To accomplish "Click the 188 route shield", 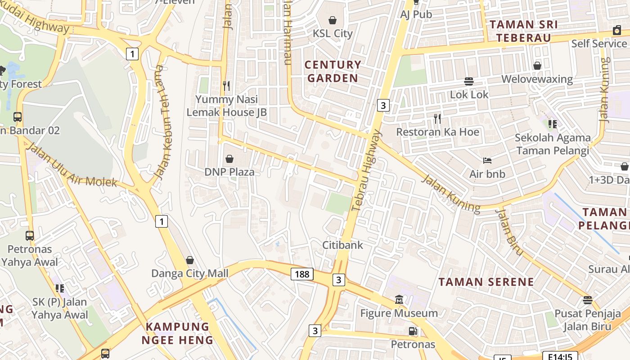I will pos(301,274).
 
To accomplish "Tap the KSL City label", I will pos(333,33).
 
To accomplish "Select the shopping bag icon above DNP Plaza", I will pos(229,159).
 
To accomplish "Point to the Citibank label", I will pos(342,245).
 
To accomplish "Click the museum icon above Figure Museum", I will pos(399,299).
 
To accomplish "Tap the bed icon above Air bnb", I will pos(487,161).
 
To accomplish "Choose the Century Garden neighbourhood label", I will pos(333,71).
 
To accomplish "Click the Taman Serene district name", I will pos(486,282).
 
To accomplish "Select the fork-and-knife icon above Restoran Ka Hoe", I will pos(437,119).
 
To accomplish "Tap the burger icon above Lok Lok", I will pos(469,81).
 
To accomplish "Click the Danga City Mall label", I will pos(189,273).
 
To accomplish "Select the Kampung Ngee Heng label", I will pos(177,333).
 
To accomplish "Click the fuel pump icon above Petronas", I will pos(413,332).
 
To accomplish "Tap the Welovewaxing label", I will pos(537,80).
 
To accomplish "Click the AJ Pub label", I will pos(416,14).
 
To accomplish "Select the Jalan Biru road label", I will pos(509,231).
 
